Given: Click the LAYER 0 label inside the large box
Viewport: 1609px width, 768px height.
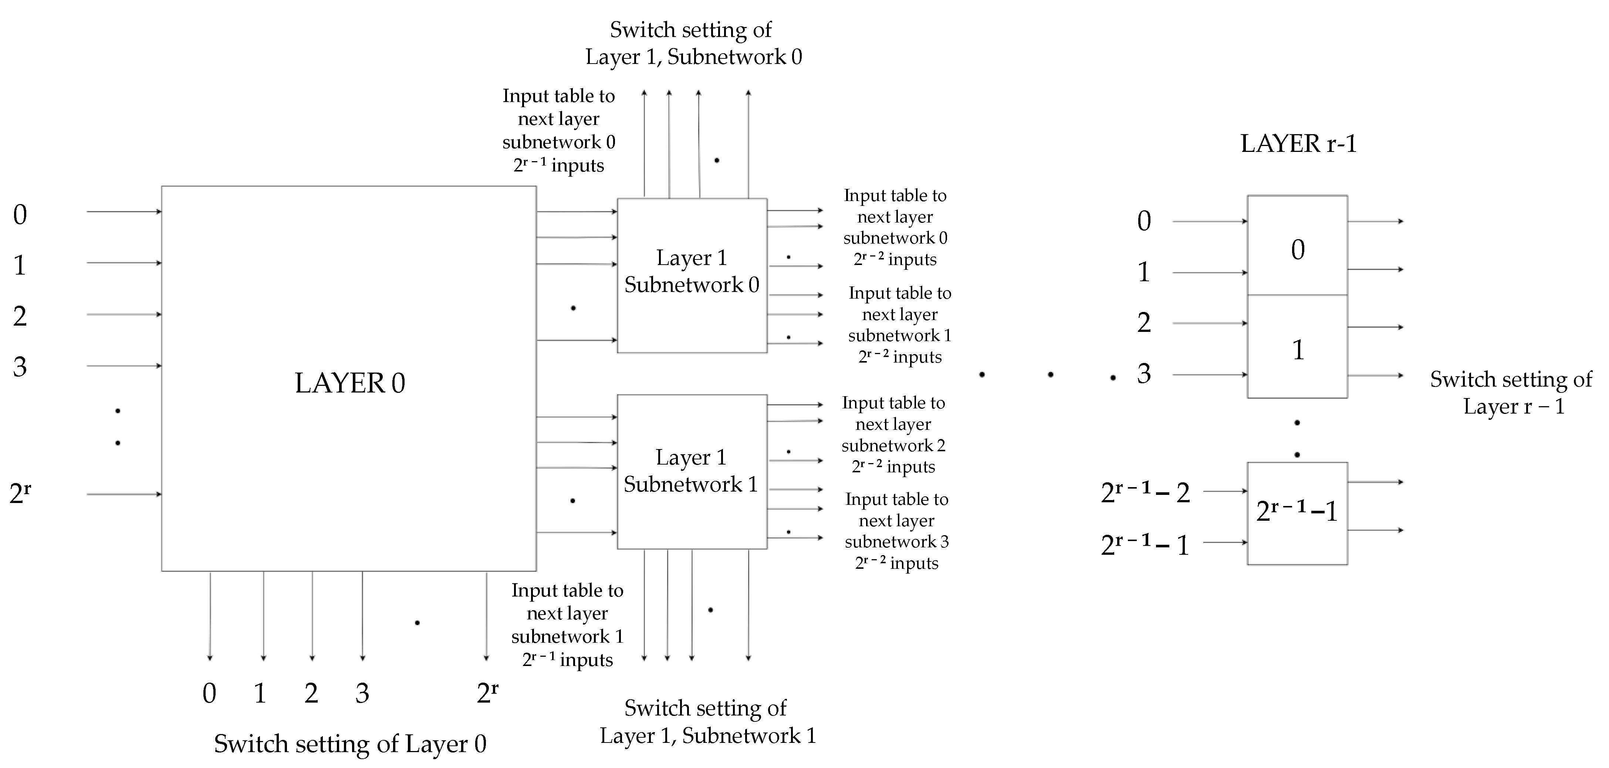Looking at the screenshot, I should pyautogui.click(x=350, y=383).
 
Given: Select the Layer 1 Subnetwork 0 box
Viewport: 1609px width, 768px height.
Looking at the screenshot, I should pyautogui.click(x=692, y=275).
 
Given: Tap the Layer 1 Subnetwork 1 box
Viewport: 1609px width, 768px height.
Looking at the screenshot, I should pyautogui.click(x=692, y=472).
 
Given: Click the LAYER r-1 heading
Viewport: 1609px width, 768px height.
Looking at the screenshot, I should pyautogui.click(x=1298, y=144).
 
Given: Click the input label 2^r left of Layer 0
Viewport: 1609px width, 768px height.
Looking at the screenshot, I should pyautogui.click(x=20, y=493).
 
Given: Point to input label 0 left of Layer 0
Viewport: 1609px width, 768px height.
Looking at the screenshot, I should pyautogui.click(x=20, y=215).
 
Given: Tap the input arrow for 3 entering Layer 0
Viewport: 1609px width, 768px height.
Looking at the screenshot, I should pyautogui.click(x=124, y=366).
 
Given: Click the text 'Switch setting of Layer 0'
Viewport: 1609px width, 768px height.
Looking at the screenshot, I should pyautogui.click(x=350, y=744).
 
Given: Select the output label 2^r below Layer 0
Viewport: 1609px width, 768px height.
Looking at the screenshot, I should pyautogui.click(x=487, y=693).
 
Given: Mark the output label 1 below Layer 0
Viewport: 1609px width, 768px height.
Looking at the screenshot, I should pyautogui.click(x=260, y=693).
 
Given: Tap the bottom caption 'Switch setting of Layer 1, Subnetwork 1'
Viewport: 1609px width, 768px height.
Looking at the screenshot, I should pyautogui.click(x=707, y=722).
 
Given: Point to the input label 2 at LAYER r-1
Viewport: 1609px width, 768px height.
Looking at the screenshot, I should pyautogui.click(x=1144, y=323).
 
